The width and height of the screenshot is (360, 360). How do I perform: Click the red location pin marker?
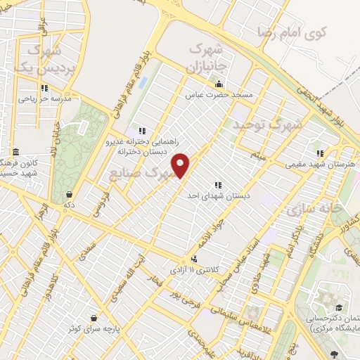(181, 165)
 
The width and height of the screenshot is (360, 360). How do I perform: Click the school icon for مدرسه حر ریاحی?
(45, 88)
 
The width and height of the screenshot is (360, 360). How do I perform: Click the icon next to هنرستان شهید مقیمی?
(320, 153)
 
